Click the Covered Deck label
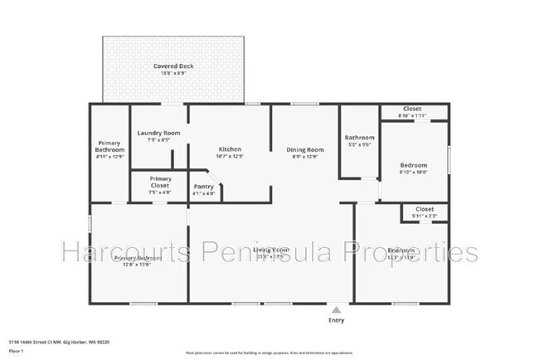(173, 66)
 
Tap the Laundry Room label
(159, 133)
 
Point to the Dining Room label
(305, 149)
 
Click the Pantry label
(203, 187)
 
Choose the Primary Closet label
(161, 182)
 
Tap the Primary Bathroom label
(109, 146)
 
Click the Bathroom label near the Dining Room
(360, 138)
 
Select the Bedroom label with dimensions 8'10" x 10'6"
(414, 165)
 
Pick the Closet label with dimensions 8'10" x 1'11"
(412, 109)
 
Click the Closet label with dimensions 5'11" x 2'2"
(425, 209)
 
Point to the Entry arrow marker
(337, 309)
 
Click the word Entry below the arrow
(337, 320)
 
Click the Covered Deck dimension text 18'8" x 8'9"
(173, 74)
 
